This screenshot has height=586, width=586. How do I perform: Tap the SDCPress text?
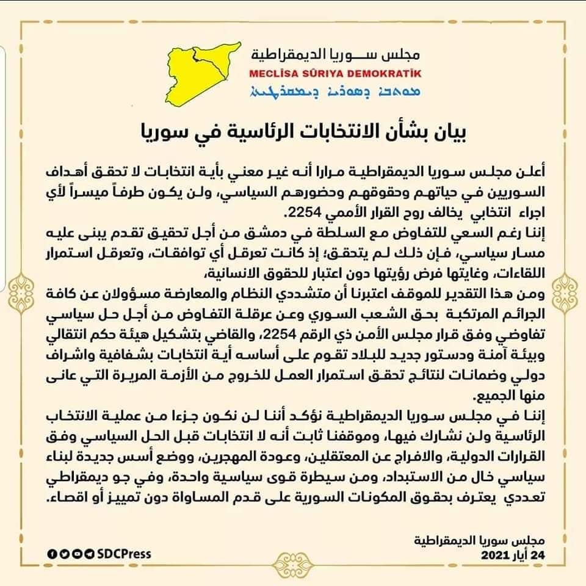pyautogui.click(x=123, y=554)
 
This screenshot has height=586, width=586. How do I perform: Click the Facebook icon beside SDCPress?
pyautogui.click(x=52, y=554)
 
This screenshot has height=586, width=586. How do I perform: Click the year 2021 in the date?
pyautogui.click(x=496, y=555)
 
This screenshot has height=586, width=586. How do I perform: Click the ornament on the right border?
pyautogui.click(x=567, y=286)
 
